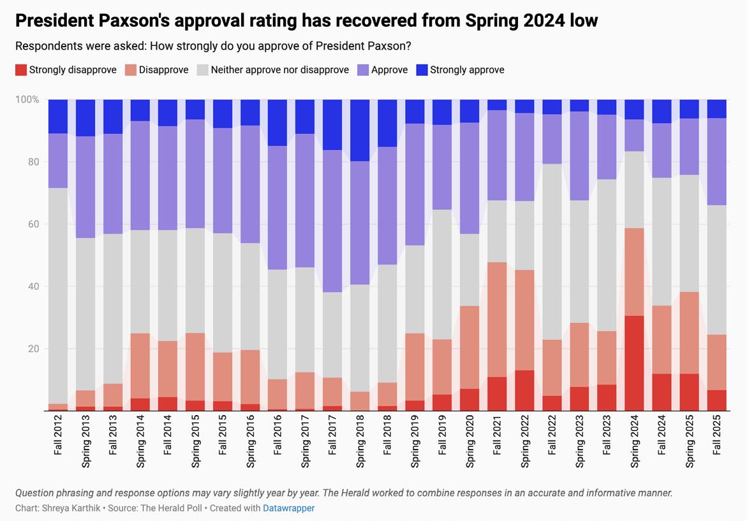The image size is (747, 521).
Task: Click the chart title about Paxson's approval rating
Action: [x=306, y=20]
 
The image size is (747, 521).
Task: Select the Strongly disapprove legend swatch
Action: [x=21, y=70]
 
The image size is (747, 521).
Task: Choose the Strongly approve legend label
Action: [x=467, y=70]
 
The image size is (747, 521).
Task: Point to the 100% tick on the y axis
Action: [x=27, y=100]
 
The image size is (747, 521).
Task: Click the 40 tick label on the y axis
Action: [x=33, y=286]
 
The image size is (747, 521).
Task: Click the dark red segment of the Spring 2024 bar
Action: [x=635, y=363]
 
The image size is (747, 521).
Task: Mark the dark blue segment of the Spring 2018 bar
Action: [x=360, y=130]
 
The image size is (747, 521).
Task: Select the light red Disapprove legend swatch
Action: [x=131, y=70]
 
